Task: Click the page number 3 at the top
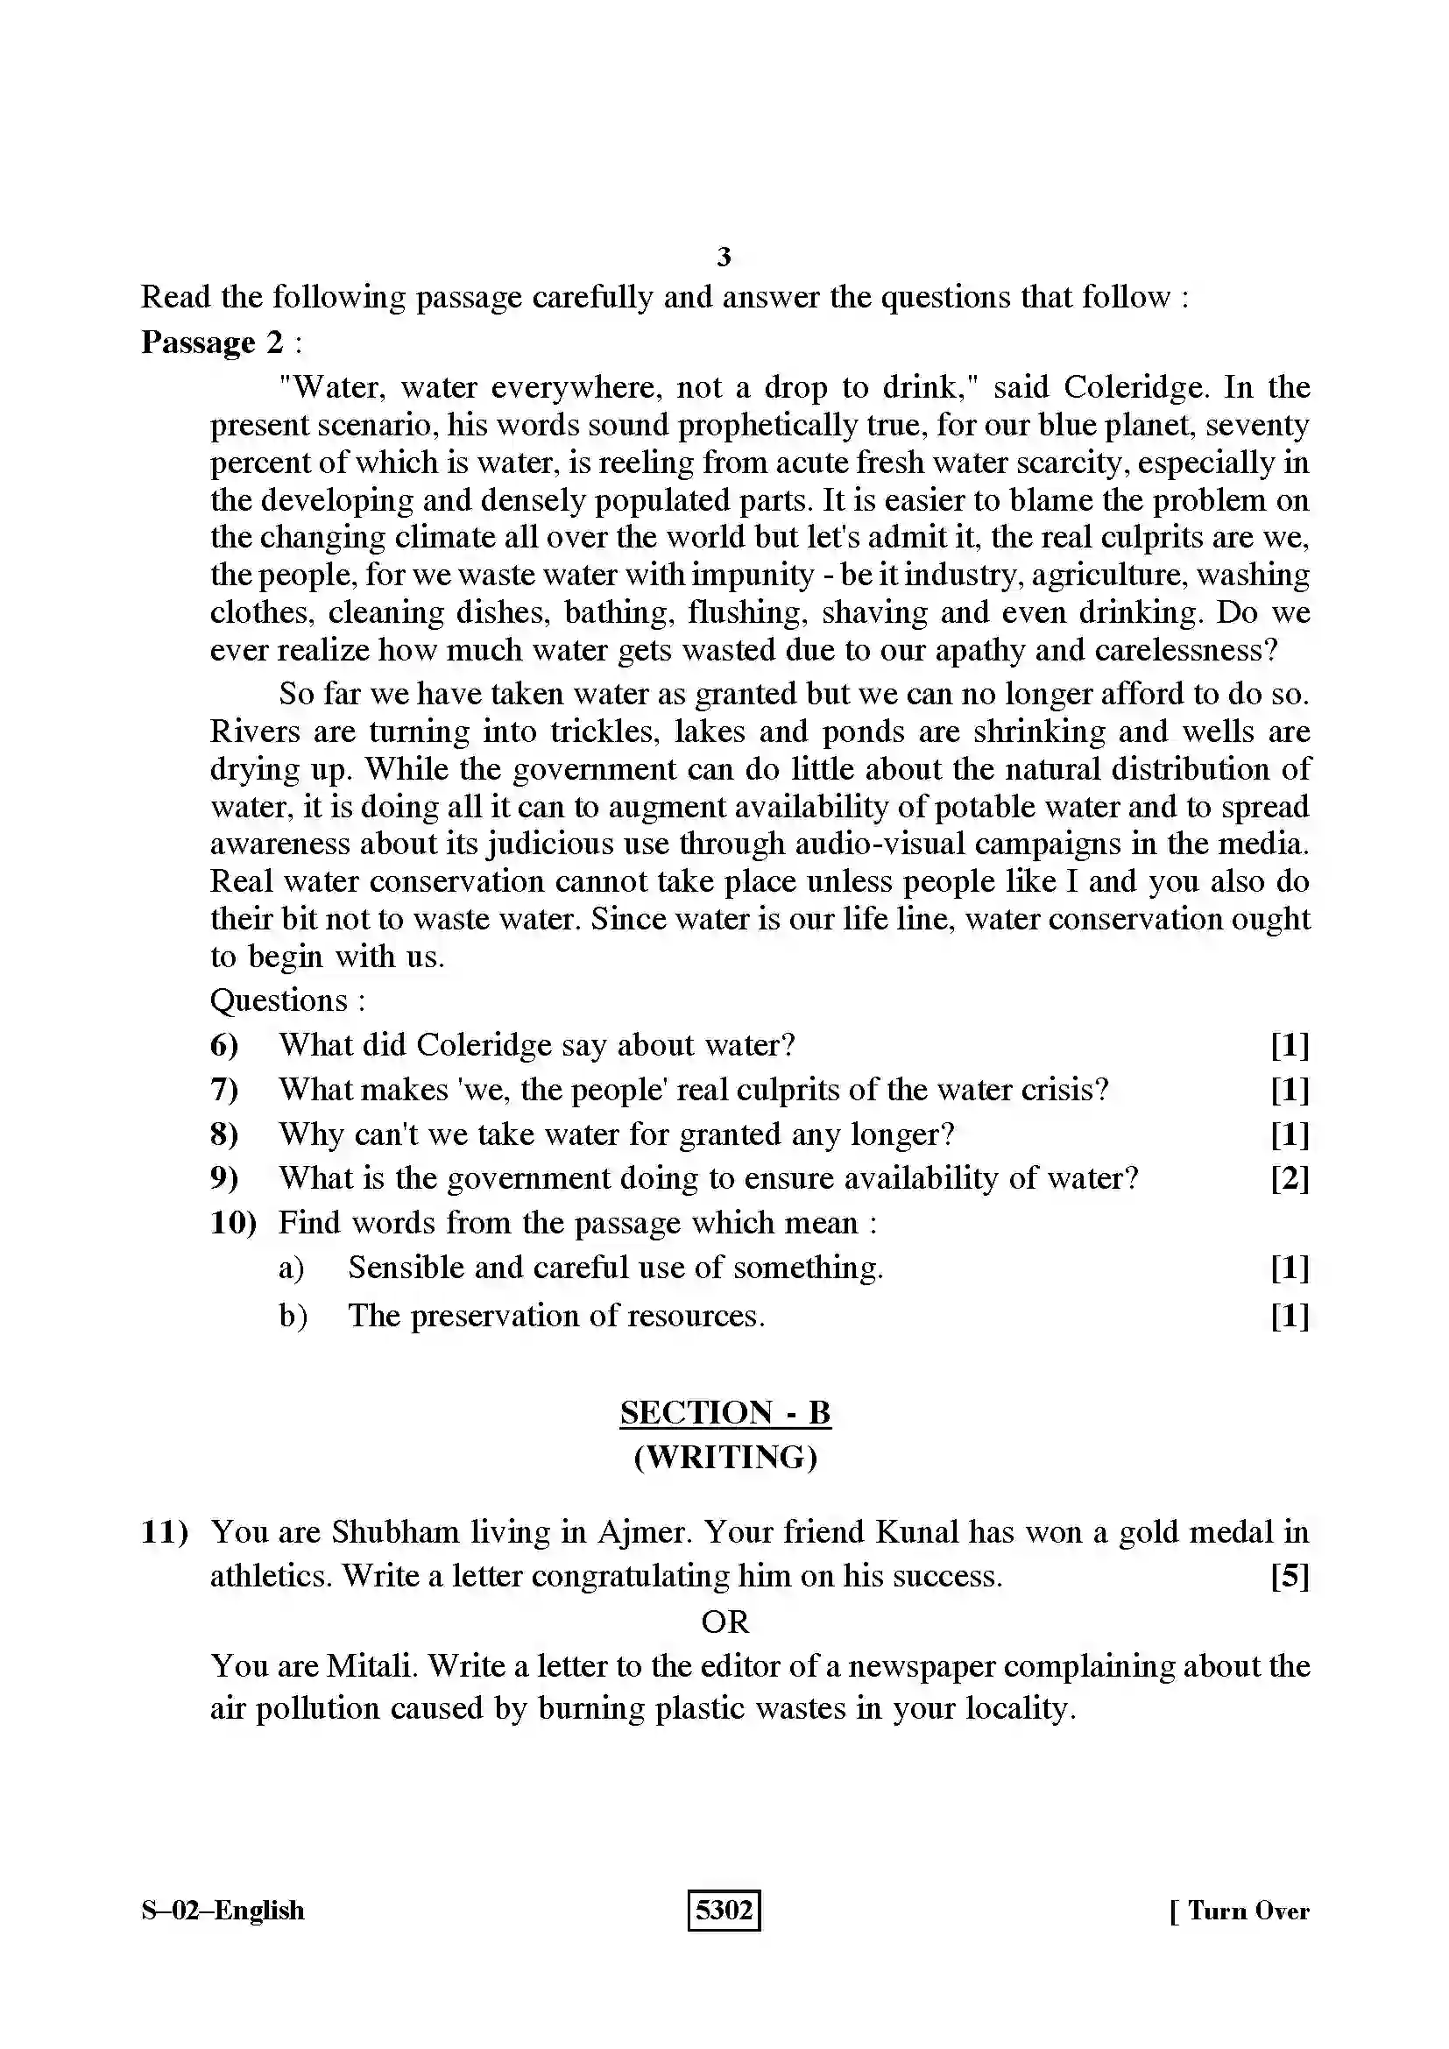[724, 258]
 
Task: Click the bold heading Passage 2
[211, 342]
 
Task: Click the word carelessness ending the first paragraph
[1187, 650]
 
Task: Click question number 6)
[224, 1045]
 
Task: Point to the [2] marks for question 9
[1290, 1179]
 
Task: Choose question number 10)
[233, 1223]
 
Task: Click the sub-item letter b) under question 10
[293, 1316]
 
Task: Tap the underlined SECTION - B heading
[725, 1413]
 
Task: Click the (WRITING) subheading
[725, 1458]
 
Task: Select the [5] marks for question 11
[1290, 1577]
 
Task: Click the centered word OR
[724, 1622]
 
